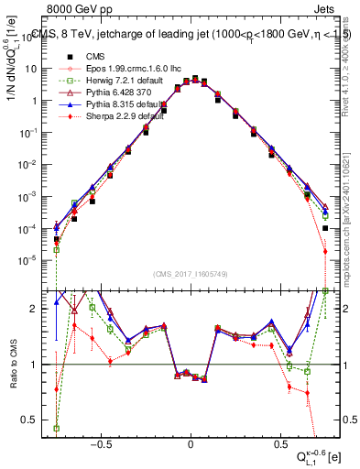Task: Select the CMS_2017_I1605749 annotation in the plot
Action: (191, 274)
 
